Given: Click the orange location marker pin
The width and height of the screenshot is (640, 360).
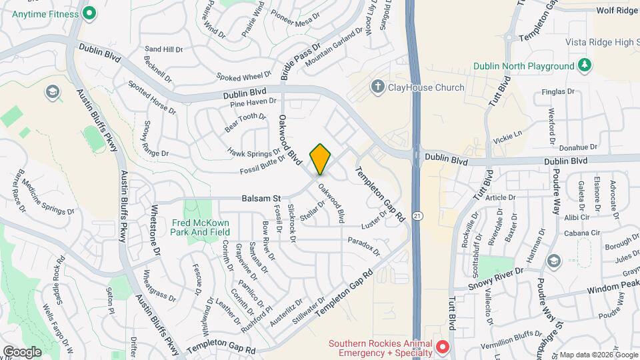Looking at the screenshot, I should coord(321,159).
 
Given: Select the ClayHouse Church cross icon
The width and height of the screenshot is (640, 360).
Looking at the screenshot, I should coord(378,87).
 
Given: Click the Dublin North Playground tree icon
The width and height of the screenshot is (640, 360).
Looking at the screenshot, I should coord(585,65).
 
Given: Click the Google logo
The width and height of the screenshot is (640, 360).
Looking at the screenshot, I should coord(22,351).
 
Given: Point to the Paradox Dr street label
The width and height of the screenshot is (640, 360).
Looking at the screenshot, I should coord(363,246).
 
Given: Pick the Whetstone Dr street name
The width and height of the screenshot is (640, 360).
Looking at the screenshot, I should coord(156,230).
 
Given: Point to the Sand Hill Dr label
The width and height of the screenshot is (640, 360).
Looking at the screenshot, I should coord(163,49).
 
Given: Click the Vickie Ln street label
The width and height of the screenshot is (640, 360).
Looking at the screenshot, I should coord(507,138).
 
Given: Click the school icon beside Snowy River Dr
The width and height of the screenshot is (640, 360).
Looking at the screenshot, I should coord(553,260).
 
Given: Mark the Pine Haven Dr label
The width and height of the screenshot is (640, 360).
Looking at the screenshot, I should coord(253,102).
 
